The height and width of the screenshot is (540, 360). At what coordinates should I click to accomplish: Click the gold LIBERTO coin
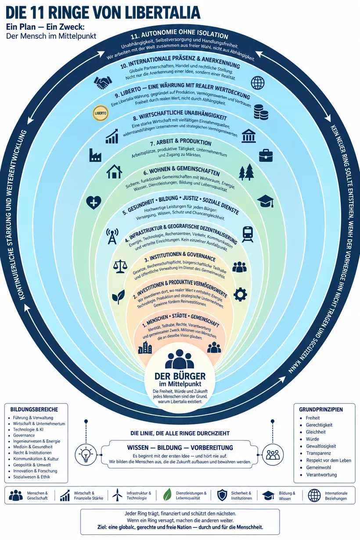coord(101,113)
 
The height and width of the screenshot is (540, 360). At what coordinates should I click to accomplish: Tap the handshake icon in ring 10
coord(103,83)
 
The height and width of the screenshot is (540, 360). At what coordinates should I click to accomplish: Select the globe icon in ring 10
coord(258,83)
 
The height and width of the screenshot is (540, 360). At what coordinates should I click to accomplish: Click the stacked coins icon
coord(261,112)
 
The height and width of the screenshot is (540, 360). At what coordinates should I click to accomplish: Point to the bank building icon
coord(248,136)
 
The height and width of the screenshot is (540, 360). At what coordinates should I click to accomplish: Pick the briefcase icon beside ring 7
coord(266,155)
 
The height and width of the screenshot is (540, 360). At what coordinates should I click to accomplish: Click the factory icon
coord(95,155)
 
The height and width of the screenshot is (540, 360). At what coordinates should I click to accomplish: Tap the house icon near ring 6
coord(114,172)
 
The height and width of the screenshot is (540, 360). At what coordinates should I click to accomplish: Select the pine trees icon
coord(246,172)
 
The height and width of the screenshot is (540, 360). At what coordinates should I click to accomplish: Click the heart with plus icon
coord(94,202)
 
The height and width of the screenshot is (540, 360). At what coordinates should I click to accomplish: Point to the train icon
coord(248,234)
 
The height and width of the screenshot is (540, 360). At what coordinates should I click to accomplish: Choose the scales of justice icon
coord(120,266)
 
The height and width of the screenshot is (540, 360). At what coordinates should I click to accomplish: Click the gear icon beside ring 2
coord(240,294)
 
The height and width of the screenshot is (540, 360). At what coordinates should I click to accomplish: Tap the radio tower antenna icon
coord(112,236)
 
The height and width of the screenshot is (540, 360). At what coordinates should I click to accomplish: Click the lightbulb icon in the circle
coord(86,455)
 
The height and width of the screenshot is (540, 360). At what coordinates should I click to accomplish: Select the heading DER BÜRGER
coord(180,376)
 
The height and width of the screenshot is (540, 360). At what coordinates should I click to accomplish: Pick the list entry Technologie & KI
coord(28,429)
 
